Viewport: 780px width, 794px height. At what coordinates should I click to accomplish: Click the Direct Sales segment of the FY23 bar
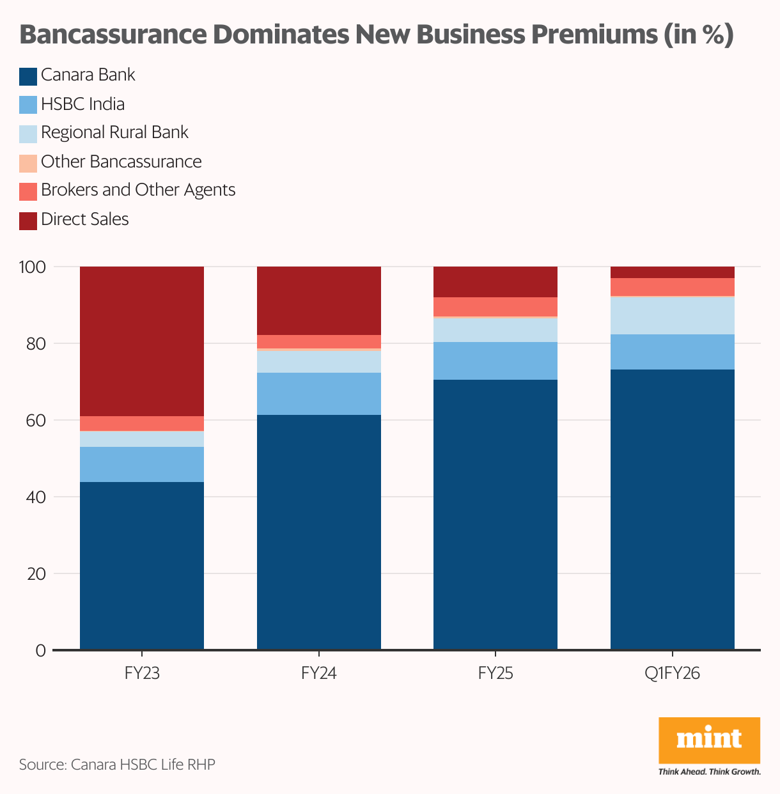[x=141, y=341]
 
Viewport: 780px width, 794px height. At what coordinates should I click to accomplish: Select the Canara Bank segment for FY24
[x=318, y=532]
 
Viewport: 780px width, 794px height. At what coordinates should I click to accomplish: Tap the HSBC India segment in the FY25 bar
[x=495, y=361]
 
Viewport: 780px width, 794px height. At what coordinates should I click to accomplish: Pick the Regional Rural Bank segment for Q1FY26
[x=672, y=316]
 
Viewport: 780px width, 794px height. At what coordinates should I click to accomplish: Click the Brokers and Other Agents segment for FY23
[x=141, y=423]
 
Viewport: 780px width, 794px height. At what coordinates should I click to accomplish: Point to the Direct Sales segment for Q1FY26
[x=672, y=272]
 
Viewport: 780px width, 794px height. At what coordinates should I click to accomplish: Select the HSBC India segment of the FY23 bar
[x=141, y=464]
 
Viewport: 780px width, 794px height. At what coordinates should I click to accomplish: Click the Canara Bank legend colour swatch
[x=28, y=76]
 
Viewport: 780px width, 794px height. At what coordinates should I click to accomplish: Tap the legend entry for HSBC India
[x=82, y=104]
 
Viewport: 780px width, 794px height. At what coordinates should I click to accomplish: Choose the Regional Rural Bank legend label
[x=114, y=133]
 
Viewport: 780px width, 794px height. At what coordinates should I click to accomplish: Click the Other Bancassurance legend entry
[x=121, y=162]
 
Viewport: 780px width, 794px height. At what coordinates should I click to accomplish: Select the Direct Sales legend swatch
[x=28, y=221]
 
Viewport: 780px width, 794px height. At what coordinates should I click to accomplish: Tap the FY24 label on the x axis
[x=318, y=673]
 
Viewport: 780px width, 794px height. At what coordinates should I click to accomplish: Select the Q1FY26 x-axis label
[x=672, y=673]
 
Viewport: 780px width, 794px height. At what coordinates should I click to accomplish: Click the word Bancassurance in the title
[x=119, y=35]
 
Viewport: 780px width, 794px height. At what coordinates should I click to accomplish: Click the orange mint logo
[x=709, y=740]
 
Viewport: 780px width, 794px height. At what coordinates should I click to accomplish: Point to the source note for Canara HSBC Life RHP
[x=117, y=765]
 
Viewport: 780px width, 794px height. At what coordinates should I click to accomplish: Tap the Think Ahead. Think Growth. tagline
[x=709, y=772]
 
